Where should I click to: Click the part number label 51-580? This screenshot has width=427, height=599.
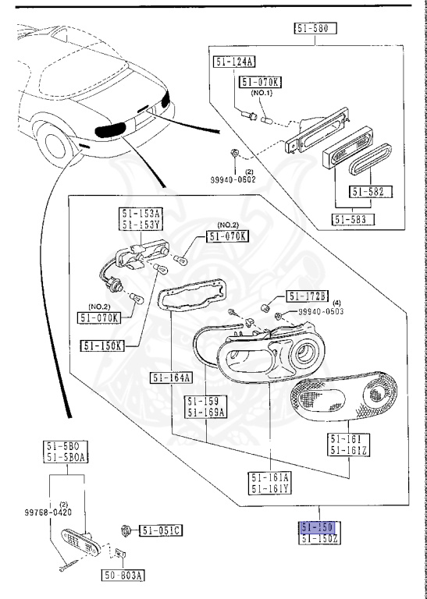coord(315,29)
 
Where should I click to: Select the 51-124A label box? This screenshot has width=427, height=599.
coord(233,61)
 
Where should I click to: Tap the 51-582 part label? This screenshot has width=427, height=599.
coord(371,191)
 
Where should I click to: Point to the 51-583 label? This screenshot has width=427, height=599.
coord(354,218)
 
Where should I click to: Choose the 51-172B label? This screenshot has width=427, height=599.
coord(308,296)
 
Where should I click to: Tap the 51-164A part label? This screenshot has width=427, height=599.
coord(171,378)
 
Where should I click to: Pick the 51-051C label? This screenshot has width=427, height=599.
coord(161,531)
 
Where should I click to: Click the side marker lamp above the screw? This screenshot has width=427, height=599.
coord(79,538)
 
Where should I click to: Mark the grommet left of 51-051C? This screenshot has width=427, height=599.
coord(125,531)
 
